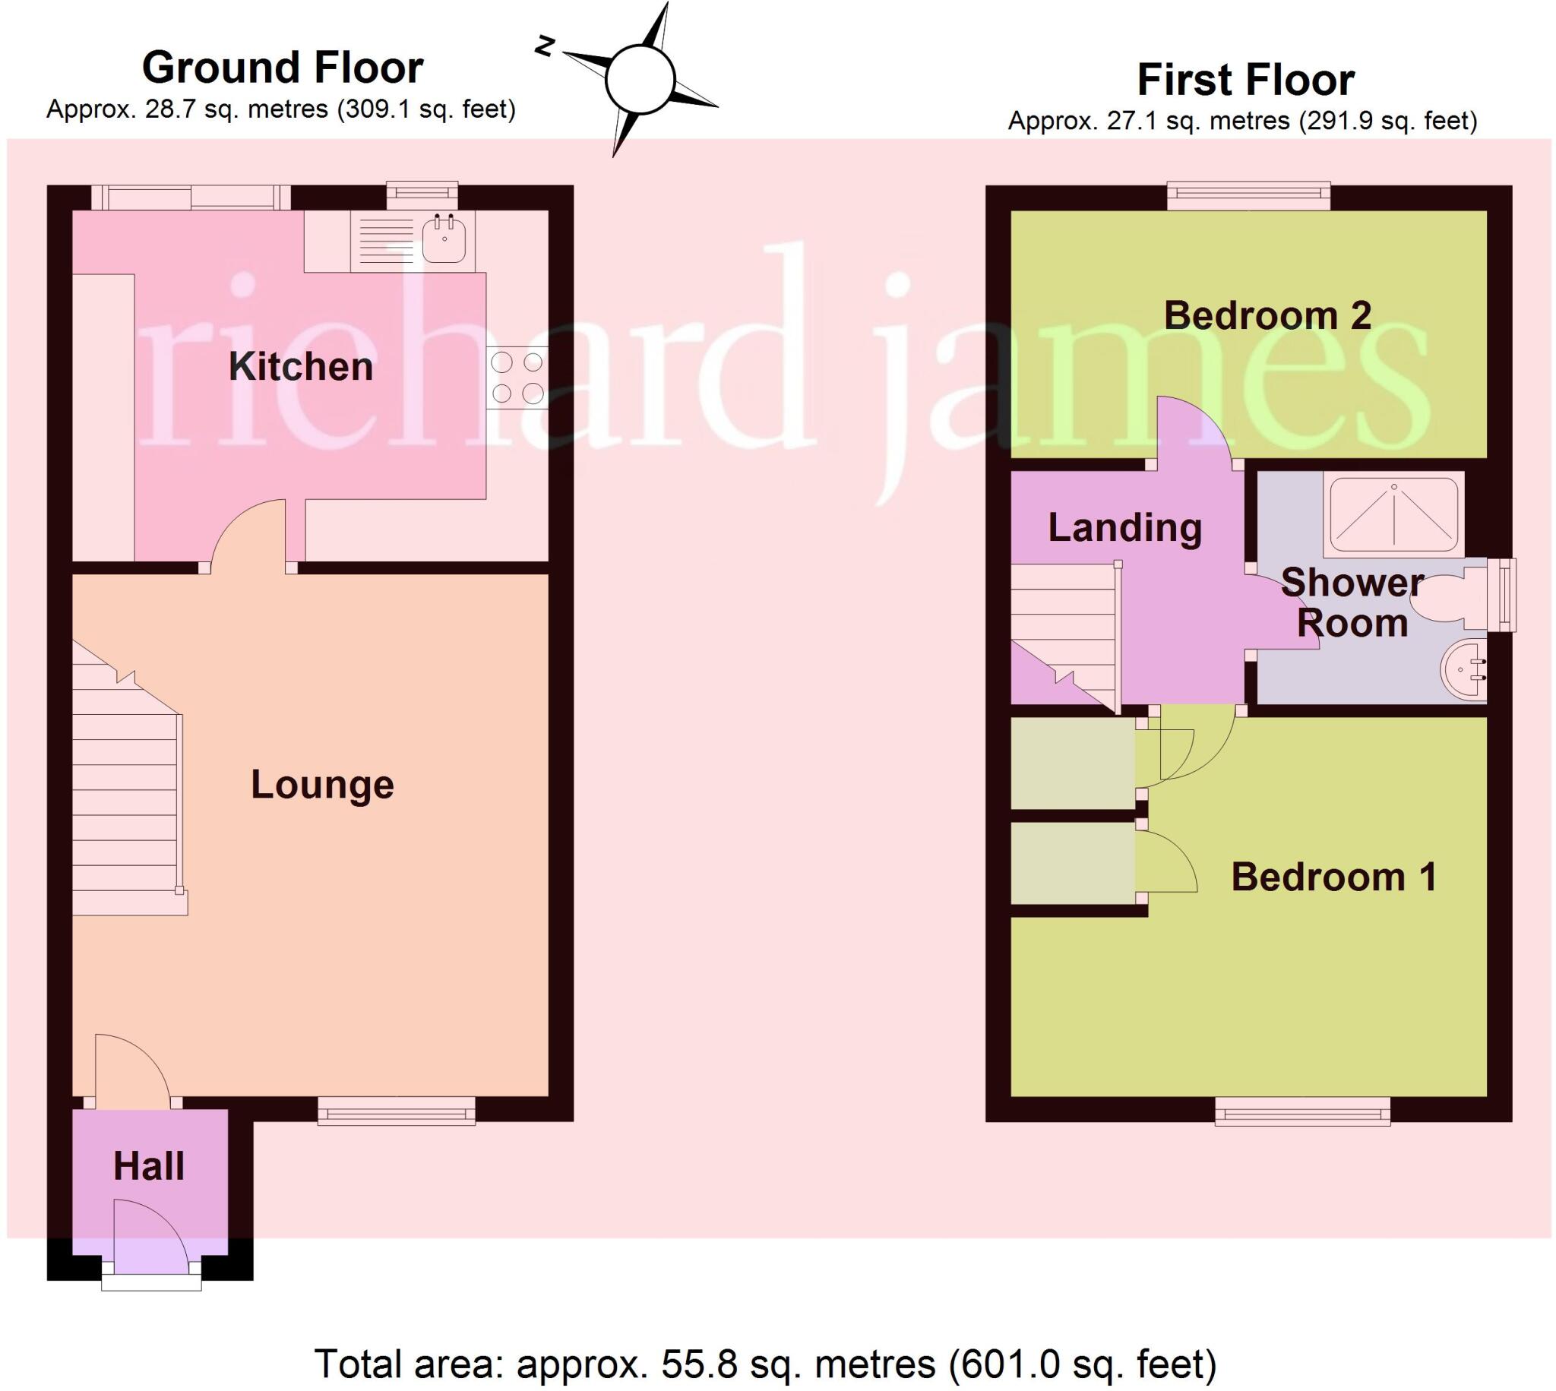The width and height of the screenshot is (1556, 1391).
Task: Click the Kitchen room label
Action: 300,367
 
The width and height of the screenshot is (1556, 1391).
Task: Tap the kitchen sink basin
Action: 443,239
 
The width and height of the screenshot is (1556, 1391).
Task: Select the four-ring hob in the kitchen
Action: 517,378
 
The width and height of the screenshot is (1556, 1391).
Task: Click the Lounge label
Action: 321,785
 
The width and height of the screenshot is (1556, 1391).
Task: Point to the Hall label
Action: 149,1168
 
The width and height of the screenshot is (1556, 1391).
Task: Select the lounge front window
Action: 396,1111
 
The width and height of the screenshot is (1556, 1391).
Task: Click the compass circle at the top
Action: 640,79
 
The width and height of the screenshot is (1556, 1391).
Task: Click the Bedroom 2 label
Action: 1267,315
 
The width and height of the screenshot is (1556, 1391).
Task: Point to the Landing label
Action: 1124,528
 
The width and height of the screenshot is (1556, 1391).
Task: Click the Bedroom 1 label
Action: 1333,877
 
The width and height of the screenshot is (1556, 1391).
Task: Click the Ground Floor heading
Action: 282,68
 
